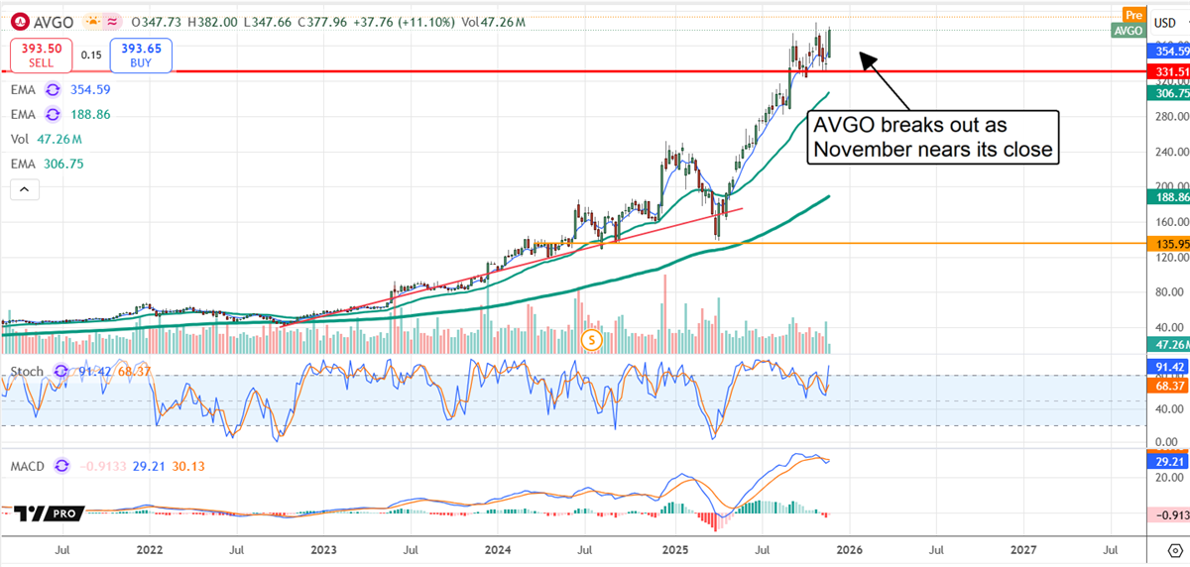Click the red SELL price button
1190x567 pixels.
(41, 56)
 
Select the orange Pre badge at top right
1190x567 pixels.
(1133, 14)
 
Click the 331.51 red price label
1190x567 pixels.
(1168, 72)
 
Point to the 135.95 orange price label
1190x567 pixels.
(1168, 243)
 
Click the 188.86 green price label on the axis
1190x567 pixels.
(1168, 196)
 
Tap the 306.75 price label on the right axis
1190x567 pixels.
(1168, 93)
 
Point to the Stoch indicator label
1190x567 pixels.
(27, 372)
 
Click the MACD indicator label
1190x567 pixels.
(27, 465)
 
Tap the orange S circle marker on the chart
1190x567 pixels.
(592, 340)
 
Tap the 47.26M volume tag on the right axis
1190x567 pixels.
(1168, 344)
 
